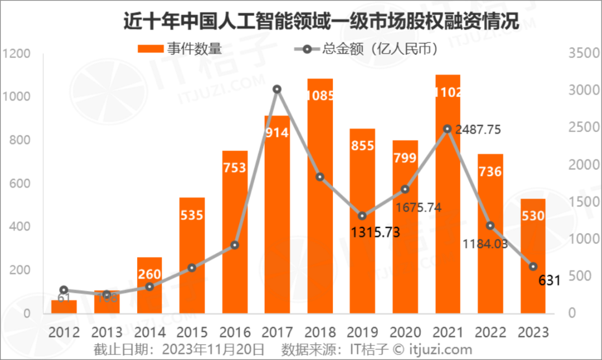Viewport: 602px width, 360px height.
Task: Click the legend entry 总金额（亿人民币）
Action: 365,48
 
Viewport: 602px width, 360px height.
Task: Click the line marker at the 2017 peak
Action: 277,89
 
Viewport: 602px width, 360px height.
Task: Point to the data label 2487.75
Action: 478,130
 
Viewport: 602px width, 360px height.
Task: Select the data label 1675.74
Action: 418,207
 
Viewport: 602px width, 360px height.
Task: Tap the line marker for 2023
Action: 533,267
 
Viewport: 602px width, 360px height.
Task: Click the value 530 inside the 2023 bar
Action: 532,216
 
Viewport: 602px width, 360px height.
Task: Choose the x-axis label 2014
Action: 149,332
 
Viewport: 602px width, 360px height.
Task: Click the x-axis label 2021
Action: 448,332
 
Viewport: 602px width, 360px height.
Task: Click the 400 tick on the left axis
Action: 18,227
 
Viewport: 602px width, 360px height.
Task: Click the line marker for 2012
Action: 64,290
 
